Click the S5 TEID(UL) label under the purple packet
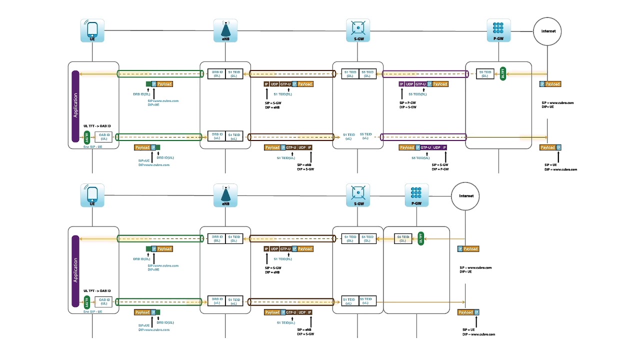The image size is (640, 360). (420, 158)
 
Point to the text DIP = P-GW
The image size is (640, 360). (440, 169)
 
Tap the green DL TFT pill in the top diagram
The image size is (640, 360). (503, 74)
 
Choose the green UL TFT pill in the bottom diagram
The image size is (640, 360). (86, 303)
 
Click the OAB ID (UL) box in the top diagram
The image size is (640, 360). (103, 136)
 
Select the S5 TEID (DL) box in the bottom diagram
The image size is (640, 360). (403, 239)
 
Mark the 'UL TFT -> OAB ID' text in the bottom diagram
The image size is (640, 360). (97, 290)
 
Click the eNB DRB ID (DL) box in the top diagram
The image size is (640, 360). (217, 74)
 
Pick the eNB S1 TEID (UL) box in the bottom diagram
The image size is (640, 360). (234, 301)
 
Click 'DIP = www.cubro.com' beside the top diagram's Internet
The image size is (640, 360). (560, 169)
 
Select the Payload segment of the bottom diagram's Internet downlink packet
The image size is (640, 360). (471, 249)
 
